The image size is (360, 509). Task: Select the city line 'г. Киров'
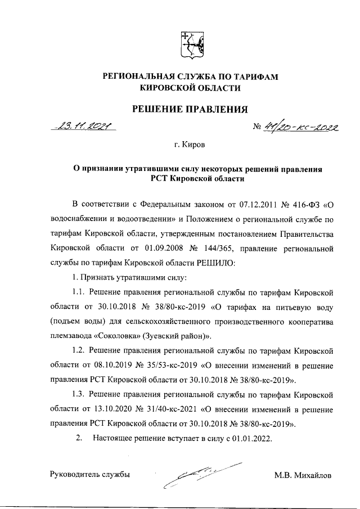(190, 145)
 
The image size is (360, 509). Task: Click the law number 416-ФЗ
(304, 202)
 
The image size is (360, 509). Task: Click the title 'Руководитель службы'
(91, 475)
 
